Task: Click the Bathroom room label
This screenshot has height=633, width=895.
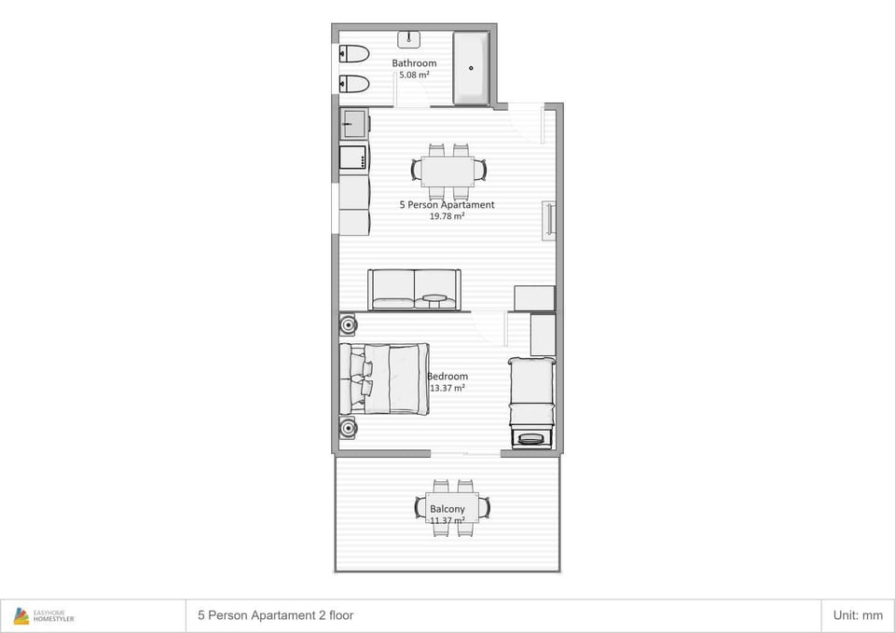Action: tap(414, 62)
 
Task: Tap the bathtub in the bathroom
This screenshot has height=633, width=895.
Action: tap(471, 68)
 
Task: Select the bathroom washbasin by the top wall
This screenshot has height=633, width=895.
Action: tap(408, 39)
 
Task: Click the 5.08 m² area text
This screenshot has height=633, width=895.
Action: tap(414, 75)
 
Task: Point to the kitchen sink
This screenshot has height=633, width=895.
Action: tap(354, 124)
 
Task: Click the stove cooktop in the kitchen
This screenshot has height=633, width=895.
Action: tap(353, 158)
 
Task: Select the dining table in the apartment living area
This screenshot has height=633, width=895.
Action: tap(448, 172)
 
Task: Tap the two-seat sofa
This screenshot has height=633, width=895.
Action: tap(414, 290)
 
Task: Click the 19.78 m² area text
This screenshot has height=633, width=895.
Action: tap(447, 216)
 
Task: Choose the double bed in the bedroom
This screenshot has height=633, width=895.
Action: tap(384, 378)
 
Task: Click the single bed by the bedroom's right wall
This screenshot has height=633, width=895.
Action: tap(532, 403)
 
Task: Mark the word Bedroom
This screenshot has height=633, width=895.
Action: tap(447, 376)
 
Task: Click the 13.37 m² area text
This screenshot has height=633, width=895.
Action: tap(447, 388)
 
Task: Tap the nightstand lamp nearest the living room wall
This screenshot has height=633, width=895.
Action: tap(348, 325)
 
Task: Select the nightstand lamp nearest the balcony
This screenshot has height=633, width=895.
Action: tap(348, 428)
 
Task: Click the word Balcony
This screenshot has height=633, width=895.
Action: tap(447, 509)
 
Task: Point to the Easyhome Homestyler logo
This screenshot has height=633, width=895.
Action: tap(44, 616)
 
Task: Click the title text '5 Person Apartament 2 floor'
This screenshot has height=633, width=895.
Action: tap(276, 615)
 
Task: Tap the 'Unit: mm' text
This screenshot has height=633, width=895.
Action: tap(858, 615)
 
